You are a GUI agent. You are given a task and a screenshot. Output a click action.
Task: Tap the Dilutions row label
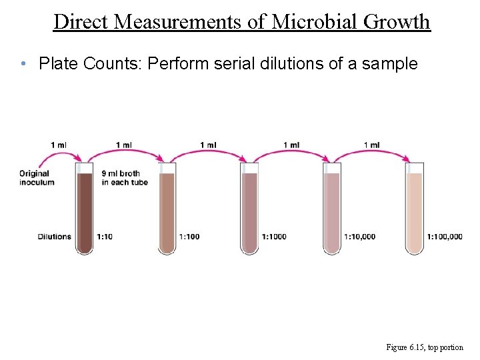coord(55,236)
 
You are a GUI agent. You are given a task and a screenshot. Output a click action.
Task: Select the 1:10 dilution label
coord(105,236)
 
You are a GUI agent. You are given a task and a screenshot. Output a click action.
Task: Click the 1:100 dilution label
coord(189,236)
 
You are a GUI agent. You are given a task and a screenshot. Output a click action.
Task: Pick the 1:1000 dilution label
coord(275,236)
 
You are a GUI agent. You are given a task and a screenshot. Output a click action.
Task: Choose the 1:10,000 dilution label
coord(361,236)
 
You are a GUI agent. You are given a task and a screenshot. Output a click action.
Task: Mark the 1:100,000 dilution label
coord(445,236)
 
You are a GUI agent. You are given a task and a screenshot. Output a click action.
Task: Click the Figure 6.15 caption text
coord(424,347)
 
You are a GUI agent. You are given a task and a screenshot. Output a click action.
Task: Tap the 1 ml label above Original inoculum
coord(58,145)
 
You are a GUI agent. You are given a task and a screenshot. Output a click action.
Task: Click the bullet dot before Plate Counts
coord(23,65)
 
